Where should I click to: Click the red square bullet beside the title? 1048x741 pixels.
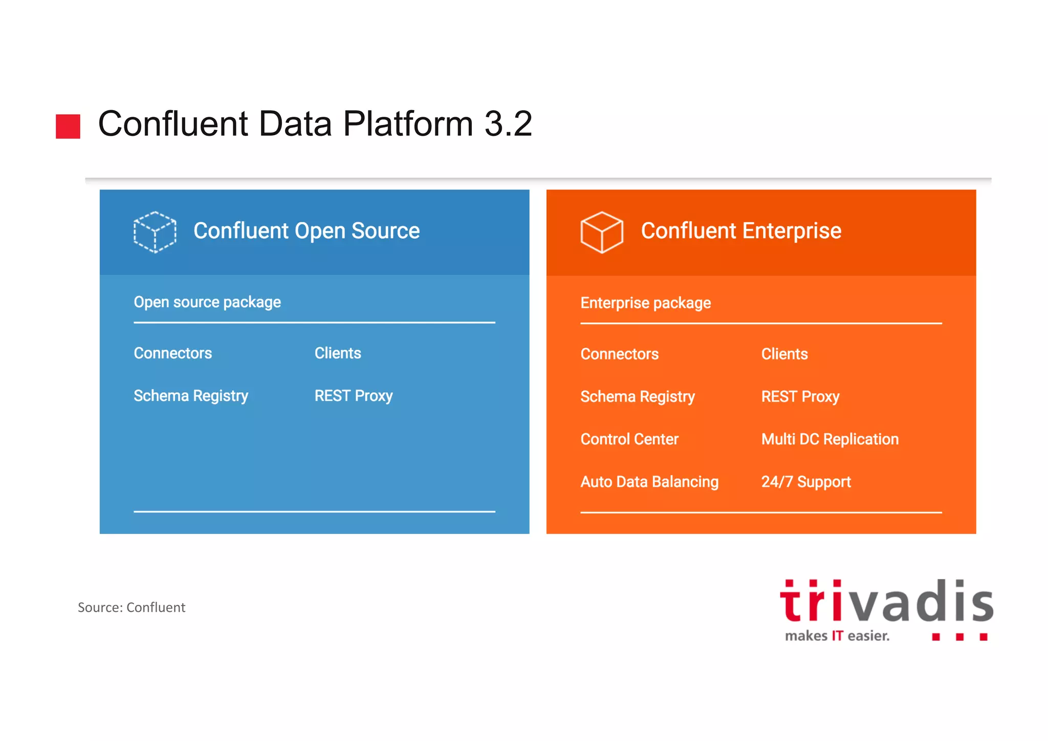tap(68, 126)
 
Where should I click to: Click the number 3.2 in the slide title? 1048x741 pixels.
tap(508, 124)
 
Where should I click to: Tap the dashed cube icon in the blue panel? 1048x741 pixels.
tap(155, 232)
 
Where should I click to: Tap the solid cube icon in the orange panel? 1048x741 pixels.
tap(602, 232)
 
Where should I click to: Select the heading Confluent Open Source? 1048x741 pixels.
tap(306, 231)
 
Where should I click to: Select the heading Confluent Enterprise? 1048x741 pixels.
tap(740, 231)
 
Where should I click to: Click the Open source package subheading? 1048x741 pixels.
tap(207, 302)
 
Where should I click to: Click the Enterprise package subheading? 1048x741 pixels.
tap(645, 303)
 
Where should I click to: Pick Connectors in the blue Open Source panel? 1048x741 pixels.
tap(172, 353)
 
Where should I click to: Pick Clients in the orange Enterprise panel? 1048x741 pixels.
tap(784, 354)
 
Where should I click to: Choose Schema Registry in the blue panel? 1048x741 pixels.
tap(190, 396)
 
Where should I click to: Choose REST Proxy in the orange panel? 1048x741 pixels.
tap(800, 397)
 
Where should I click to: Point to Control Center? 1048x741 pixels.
tap(629, 439)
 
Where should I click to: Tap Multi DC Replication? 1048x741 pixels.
tap(829, 439)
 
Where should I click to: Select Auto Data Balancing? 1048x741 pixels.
tap(649, 482)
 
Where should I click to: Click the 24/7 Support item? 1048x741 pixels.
tap(805, 482)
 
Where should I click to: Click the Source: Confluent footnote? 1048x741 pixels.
tap(131, 607)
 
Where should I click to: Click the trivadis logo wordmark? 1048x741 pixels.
tap(886, 602)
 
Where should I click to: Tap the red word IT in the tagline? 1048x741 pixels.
tap(837, 636)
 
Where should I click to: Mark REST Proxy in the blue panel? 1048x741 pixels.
tap(353, 396)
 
